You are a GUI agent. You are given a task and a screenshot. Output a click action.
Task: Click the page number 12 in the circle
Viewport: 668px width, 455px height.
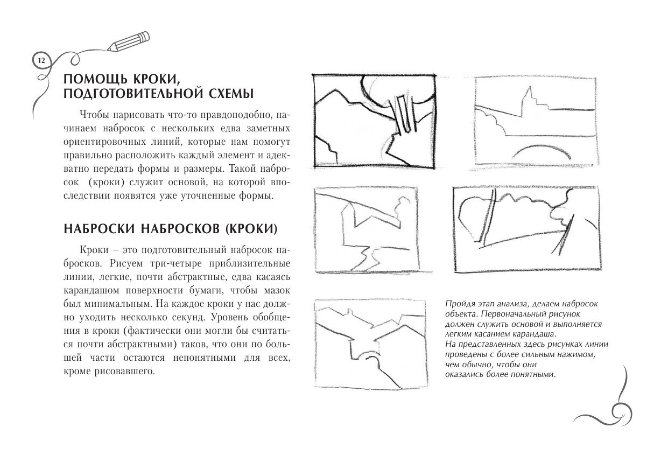coord(40,60)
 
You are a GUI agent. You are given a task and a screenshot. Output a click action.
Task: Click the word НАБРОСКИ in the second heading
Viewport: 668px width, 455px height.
coord(99,228)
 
